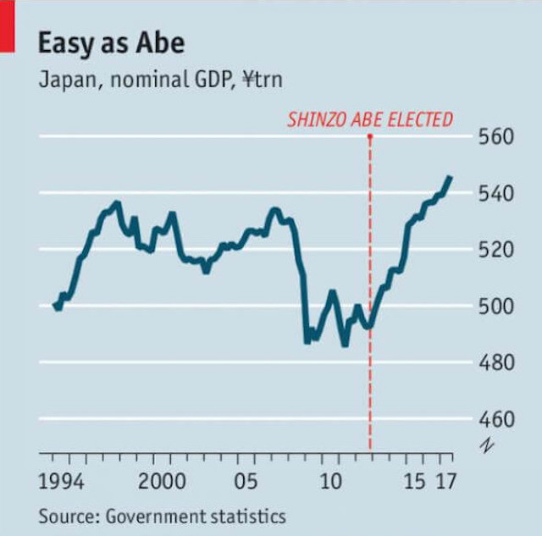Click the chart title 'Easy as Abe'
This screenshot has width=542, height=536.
coord(111,43)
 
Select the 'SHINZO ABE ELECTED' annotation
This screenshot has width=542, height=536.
coord(369,119)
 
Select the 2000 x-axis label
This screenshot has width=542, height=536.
coord(162,482)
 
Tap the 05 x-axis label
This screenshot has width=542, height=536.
coord(246,482)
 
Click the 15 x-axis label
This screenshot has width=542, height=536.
coord(415,482)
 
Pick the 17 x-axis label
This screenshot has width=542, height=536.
coord(445,482)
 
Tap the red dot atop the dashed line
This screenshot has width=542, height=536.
coord(370,136)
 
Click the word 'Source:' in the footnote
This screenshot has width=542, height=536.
coord(66,515)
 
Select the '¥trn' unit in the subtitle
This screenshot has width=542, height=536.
coord(263,80)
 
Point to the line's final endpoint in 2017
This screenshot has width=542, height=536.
coord(450,177)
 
